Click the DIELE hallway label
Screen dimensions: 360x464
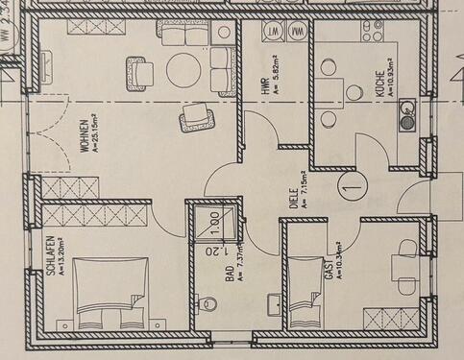click(x=292, y=197)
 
